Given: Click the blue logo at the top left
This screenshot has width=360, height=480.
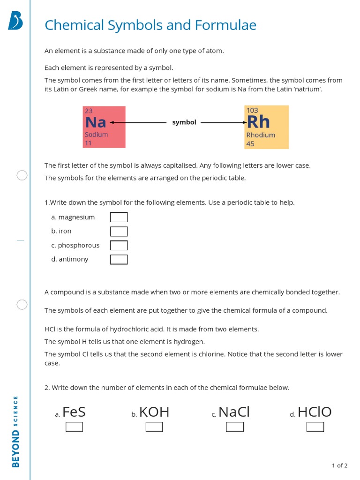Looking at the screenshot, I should (15, 21).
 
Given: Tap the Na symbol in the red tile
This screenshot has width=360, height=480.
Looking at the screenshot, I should (96, 122).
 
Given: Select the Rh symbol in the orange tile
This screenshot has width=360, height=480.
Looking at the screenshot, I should (258, 122).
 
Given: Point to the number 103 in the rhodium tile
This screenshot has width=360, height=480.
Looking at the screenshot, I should (252, 110).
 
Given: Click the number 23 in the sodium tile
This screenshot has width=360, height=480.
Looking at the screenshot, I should (89, 111).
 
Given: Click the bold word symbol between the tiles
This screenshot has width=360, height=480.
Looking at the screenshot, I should (184, 122).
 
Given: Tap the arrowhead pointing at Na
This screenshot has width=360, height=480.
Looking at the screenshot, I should (112, 122).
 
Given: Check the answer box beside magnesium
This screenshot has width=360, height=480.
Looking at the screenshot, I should (119, 217).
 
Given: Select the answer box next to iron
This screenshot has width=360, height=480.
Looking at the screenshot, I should (119, 231).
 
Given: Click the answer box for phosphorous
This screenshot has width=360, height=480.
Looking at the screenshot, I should (119, 245).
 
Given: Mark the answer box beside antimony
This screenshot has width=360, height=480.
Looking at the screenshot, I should (119, 259).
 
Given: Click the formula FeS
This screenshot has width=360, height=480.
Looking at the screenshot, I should (74, 412).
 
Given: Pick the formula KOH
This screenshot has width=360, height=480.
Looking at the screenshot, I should (154, 412).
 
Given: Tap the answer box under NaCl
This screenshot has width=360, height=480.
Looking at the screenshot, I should (235, 427).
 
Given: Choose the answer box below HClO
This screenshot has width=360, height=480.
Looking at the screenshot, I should (315, 427).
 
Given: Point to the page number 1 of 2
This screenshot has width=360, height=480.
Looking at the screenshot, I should (339, 465).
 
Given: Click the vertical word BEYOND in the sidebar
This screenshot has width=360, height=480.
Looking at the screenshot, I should (16, 449).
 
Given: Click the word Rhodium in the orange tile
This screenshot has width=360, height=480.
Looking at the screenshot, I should (261, 135).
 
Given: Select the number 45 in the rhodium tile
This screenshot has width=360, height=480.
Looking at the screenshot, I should (250, 144).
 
